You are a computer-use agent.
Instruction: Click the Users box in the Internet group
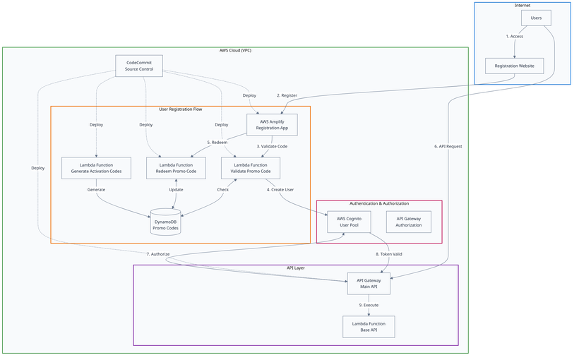click(x=536, y=19)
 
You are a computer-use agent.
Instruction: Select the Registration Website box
click(x=515, y=66)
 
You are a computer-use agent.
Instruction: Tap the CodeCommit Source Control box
click(x=139, y=66)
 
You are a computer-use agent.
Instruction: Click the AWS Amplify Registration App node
click(x=272, y=125)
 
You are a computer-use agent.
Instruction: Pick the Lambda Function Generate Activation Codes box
click(x=96, y=168)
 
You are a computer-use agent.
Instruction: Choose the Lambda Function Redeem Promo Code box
click(x=176, y=168)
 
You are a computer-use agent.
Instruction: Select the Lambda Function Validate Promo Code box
click(x=251, y=168)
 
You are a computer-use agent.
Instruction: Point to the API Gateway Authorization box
click(x=409, y=222)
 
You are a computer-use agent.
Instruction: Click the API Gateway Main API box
click(x=368, y=283)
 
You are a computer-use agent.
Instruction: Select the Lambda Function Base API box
click(x=368, y=327)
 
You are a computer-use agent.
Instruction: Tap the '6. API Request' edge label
click(x=448, y=146)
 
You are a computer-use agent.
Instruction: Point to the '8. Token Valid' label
click(x=388, y=253)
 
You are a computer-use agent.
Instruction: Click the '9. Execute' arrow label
click(x=369, y=305)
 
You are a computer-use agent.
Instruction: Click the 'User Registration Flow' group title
click(x=180, y=109)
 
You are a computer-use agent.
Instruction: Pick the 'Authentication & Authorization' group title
click(x=379, y=203)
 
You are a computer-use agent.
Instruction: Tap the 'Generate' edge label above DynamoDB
click(x=96, y=190)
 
